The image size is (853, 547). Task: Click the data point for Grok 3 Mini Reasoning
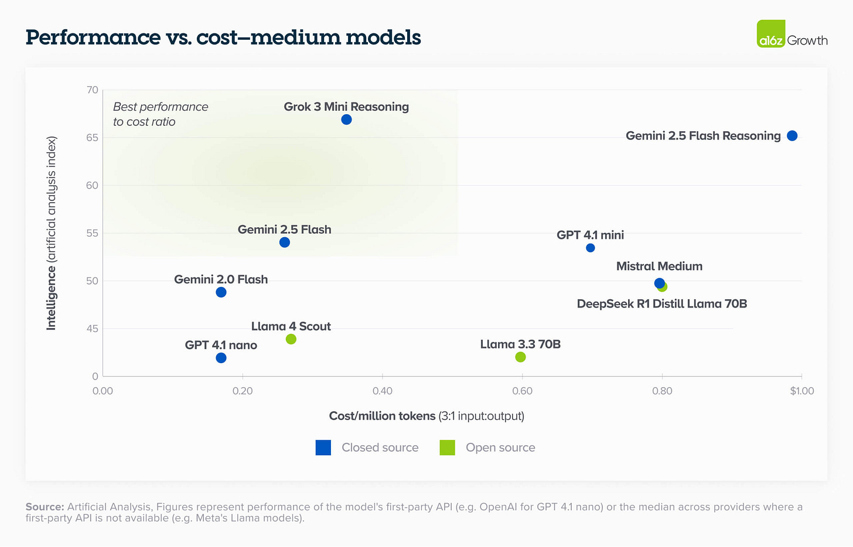(x=346, y=119)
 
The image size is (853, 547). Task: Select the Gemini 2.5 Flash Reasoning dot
(x=792, y=136)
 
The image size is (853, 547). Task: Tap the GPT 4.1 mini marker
(x=591, y=248)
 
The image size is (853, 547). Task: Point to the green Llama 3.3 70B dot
(x=520, y=357)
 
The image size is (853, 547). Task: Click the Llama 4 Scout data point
(x=291, y=339)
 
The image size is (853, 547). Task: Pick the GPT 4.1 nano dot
(x=221, y=358)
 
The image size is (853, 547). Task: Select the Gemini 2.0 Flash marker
(x=221, y=292)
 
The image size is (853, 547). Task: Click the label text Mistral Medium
(x=659, y=266)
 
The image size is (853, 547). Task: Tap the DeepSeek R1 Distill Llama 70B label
(x=661, y=304)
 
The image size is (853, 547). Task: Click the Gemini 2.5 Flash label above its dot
(x=284, y=230)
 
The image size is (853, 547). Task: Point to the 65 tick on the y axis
(x=93, y=138)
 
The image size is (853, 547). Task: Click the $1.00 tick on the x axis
(x=801, y=391)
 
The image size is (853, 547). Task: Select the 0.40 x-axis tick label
(x=382, y=391)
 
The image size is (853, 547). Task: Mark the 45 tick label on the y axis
(x=93, y=329)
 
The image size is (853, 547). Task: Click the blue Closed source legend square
(x=323, y=447)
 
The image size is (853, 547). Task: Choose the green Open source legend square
(x=448, y=447)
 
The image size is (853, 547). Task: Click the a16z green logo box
(x=770, y=34)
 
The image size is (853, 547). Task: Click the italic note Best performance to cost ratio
(x=160, y=114)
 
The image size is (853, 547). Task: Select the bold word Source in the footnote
(x=45, y=507)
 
